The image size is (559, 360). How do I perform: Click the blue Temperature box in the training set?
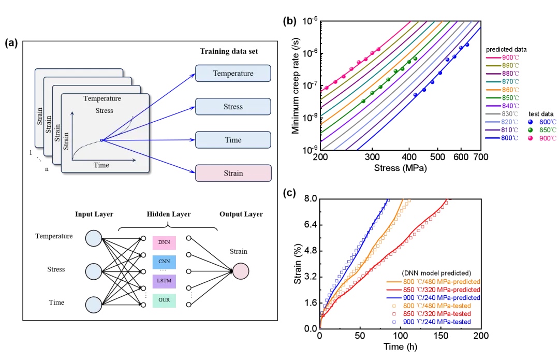pos(233,73)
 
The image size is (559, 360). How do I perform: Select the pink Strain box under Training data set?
pos(233,173)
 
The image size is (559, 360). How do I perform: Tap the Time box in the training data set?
pos(233,140)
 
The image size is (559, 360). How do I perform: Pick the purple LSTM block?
pos(165,281)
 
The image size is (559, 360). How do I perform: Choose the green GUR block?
pos(165,300)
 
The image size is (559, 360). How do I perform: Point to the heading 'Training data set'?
pos(229,51)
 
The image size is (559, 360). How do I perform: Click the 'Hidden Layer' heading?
pos(169,214)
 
